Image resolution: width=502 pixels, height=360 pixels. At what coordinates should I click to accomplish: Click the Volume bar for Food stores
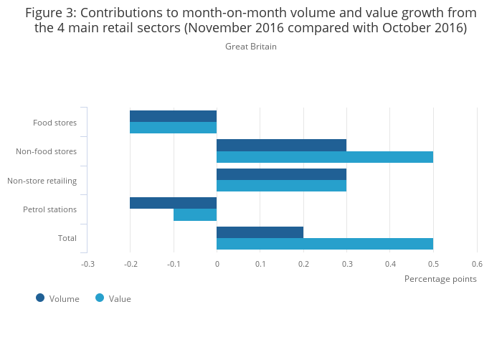point(173,116)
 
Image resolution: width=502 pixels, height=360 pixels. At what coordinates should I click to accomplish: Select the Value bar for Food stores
point(173,128)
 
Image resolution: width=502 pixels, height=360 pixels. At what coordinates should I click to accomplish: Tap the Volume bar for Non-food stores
point(281,145)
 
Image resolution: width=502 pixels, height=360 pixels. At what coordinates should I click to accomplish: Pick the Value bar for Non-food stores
point(324,157)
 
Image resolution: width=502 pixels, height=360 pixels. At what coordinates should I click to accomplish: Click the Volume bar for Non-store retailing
point(281,174)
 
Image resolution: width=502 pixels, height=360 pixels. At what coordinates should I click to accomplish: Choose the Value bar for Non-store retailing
point(281,186)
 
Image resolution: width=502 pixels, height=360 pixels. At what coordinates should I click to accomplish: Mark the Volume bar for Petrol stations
point(173,203)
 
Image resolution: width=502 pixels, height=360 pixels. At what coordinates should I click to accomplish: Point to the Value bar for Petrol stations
point(195,214)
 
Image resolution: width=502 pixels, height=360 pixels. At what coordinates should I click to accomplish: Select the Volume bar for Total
point(260,232)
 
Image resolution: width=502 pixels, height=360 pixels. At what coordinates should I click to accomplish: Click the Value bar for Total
point(324,244)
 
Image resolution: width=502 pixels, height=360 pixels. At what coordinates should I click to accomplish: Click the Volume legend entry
point(57,298)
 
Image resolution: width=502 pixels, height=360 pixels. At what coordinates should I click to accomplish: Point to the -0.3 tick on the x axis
point(87,264)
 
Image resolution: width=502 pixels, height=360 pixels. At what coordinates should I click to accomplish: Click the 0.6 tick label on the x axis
point(477,264)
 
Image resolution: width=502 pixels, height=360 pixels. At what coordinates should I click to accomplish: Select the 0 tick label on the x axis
point(217,264)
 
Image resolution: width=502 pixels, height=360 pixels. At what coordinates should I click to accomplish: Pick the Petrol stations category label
point(49,209)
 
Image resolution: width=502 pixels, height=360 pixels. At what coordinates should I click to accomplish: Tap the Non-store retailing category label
point(42,181)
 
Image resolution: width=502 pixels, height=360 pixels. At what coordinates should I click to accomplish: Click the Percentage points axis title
point(440,279)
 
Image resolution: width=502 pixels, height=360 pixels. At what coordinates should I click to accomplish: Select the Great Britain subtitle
point(251,47)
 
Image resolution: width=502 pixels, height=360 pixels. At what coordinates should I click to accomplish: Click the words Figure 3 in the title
point(49,13)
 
